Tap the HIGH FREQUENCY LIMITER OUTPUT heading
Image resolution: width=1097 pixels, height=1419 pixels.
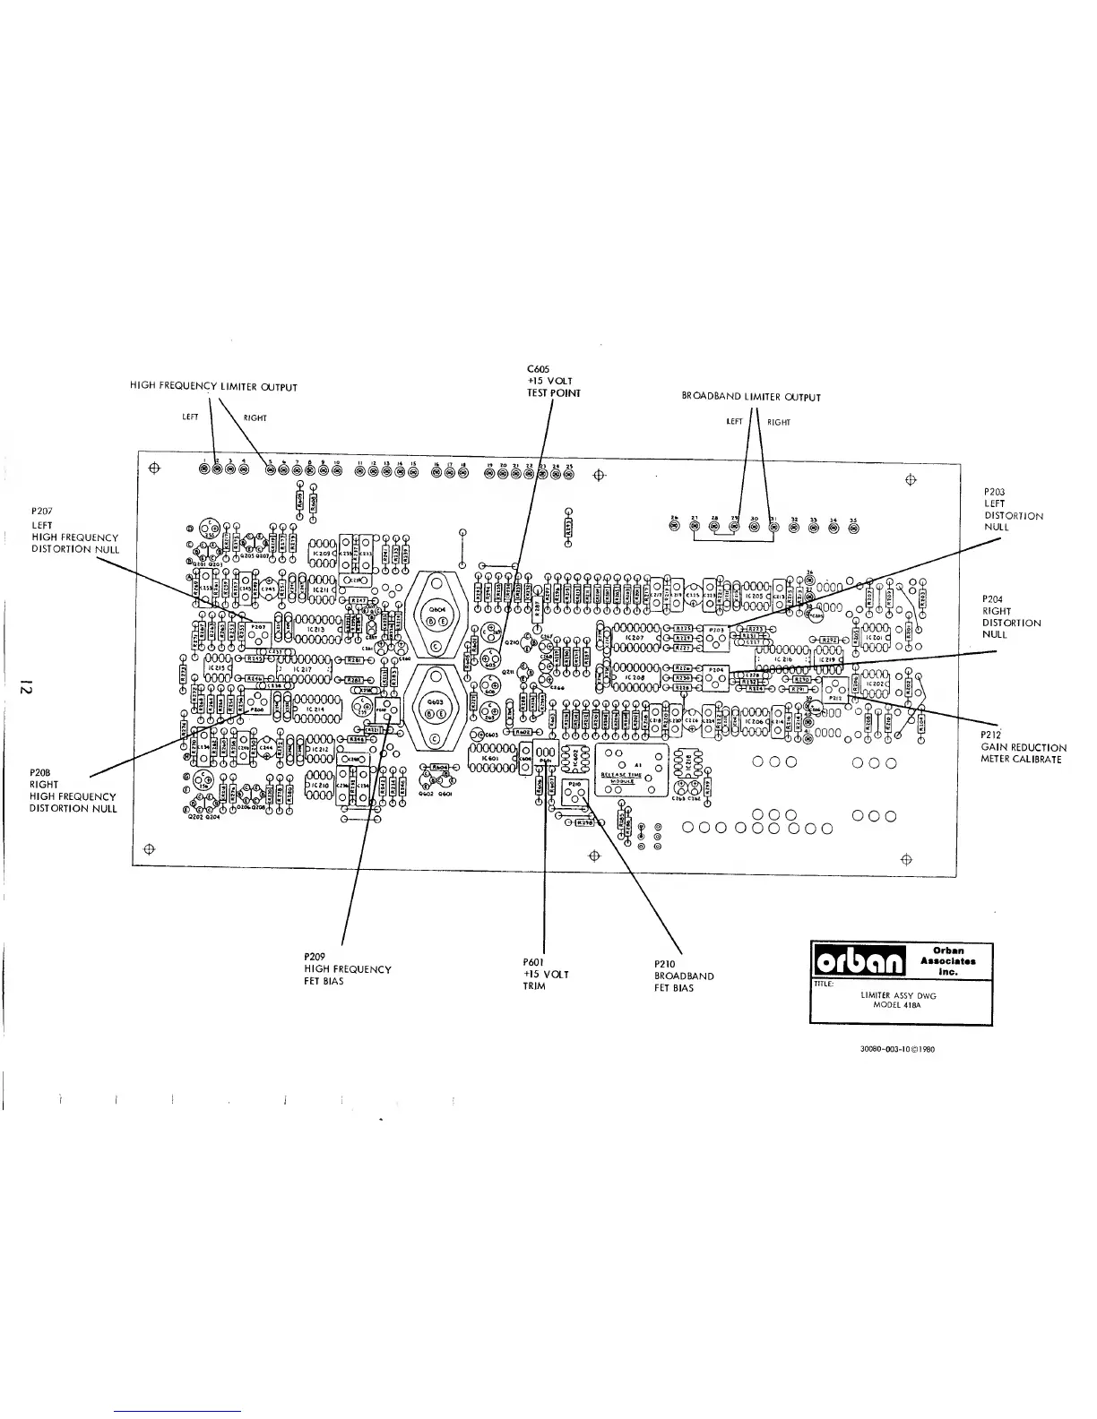pyautogui.click(x=213, y=387)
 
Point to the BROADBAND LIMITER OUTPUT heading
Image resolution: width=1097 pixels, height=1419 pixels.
pyautogui.click(x=751, y=397)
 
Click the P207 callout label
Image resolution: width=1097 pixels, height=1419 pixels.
pyautogui.click(x=75, y=531)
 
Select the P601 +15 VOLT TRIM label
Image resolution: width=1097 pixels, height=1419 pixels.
pyautogui.click(x=546, y=974)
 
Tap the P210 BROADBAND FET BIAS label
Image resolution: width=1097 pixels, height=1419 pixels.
pyautogui.click(x=684, y=976)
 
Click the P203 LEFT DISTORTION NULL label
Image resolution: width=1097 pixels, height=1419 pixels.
pyautogui.click(x=1014, y=510)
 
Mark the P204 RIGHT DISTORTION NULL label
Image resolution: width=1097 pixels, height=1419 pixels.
pyautogui.click(x=1012, y=616)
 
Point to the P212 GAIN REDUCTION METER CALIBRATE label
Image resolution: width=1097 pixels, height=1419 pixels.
pyautogui.click(x=1023, y=747)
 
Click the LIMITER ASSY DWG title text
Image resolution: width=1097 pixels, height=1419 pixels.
pyautogui.click(x=903, y=994)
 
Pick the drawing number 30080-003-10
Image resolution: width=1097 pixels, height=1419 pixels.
pyautogui.click(x=885, y=1051)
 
